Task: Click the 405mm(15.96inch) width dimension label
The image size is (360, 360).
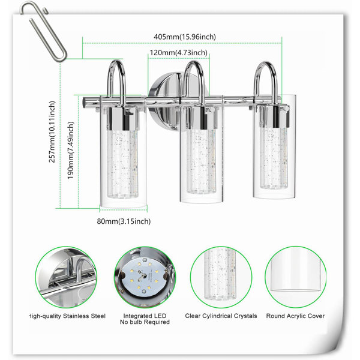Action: point(185,37)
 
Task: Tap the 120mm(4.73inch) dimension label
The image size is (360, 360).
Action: point(178,53)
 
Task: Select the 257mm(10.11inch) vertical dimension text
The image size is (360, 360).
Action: point(52,132)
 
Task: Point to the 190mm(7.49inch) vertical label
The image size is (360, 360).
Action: point(71,150)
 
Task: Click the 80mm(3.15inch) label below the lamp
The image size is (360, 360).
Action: point(124,221)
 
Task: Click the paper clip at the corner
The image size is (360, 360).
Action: point(43,31)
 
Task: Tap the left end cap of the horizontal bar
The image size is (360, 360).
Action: point(85,102)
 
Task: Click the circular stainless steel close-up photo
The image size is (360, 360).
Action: point(66,277)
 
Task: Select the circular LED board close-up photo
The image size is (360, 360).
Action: point(145,277)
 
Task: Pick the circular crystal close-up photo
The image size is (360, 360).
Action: point(221,277)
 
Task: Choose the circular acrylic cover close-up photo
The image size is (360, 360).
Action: point(295,277)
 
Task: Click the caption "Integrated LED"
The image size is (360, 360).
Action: point(145,316)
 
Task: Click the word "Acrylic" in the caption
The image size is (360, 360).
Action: point(295,316)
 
